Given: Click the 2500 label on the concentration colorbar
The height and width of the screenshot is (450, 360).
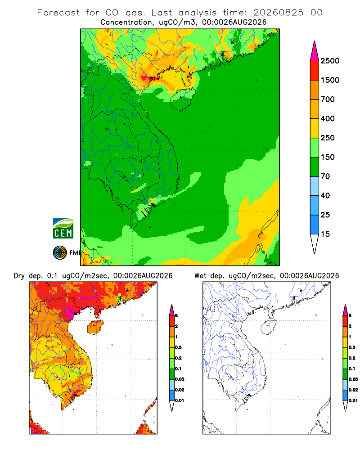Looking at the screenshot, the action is pyautogui.click(x=330, y=61).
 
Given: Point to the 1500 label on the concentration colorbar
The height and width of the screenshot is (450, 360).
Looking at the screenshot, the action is pyautogui.click(x=330, y=80).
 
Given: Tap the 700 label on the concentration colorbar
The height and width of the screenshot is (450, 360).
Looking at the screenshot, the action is pyautogui.click(x=328, y=99).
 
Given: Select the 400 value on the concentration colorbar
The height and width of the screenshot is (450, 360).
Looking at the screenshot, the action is pyautogui.click(x=328, y=118).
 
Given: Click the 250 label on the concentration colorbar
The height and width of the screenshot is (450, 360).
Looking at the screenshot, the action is pyautogui.click(x=328, y=138).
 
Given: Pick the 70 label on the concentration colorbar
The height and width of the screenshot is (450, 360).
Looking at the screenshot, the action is pyautogui.click(x=325, y=176).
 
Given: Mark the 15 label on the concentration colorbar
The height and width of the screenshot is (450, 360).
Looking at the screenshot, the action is pyautogui.click(x=325, y=234).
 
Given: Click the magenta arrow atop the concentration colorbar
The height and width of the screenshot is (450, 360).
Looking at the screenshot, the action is pyautogui.click(x=315, y=52).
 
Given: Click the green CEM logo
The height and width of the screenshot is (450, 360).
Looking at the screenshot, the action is pyautogui.click(x=63, y=229).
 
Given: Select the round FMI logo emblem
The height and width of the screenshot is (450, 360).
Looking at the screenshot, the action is pyautogui.click(x=60, y=252).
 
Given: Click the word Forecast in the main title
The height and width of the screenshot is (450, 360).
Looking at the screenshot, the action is pyautogui.click(x=58, y=13).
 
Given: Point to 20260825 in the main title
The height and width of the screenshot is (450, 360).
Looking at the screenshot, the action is pyautogui.click(x=278, y=13).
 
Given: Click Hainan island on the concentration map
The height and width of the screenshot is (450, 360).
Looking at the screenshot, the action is pyautogui.click(x=183, y=99).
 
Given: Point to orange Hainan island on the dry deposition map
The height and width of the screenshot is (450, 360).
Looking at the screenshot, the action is pyautogui.click(x=95, y=327).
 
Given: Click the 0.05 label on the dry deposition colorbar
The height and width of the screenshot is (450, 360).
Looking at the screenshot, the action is pyautogui.click(x=180, y=379).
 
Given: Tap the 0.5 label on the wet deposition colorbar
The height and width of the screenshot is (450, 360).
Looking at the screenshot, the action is pyautogui.click(x=352, y=347).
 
